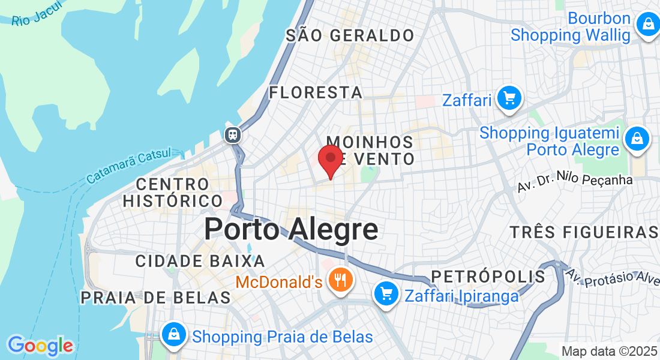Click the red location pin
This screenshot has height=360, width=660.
[x=330, y=160]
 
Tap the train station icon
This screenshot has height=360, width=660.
[x=232, y=134]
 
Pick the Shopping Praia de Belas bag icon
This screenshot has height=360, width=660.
[x=173, y=335]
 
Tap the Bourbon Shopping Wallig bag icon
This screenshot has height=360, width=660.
[x=647, y=25]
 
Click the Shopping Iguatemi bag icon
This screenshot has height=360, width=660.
[x=637, y=139]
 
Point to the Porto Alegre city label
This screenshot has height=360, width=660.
[x=291, y=229]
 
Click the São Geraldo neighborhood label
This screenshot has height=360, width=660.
[x=350, y=35]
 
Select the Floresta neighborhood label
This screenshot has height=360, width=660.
[x=316, y=92]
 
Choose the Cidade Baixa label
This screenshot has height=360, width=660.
[x=200, y=261]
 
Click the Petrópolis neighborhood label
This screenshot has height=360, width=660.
[x=488, y=277]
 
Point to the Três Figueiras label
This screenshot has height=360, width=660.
[x=584, y=232]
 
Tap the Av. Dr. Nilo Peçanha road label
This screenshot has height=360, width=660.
[x=574, y=180]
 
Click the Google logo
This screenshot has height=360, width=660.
[x=40, y=346]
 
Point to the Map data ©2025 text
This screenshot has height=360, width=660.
[x=609, y=351]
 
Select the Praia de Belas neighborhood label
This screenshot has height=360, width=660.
[x=155, y=298]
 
